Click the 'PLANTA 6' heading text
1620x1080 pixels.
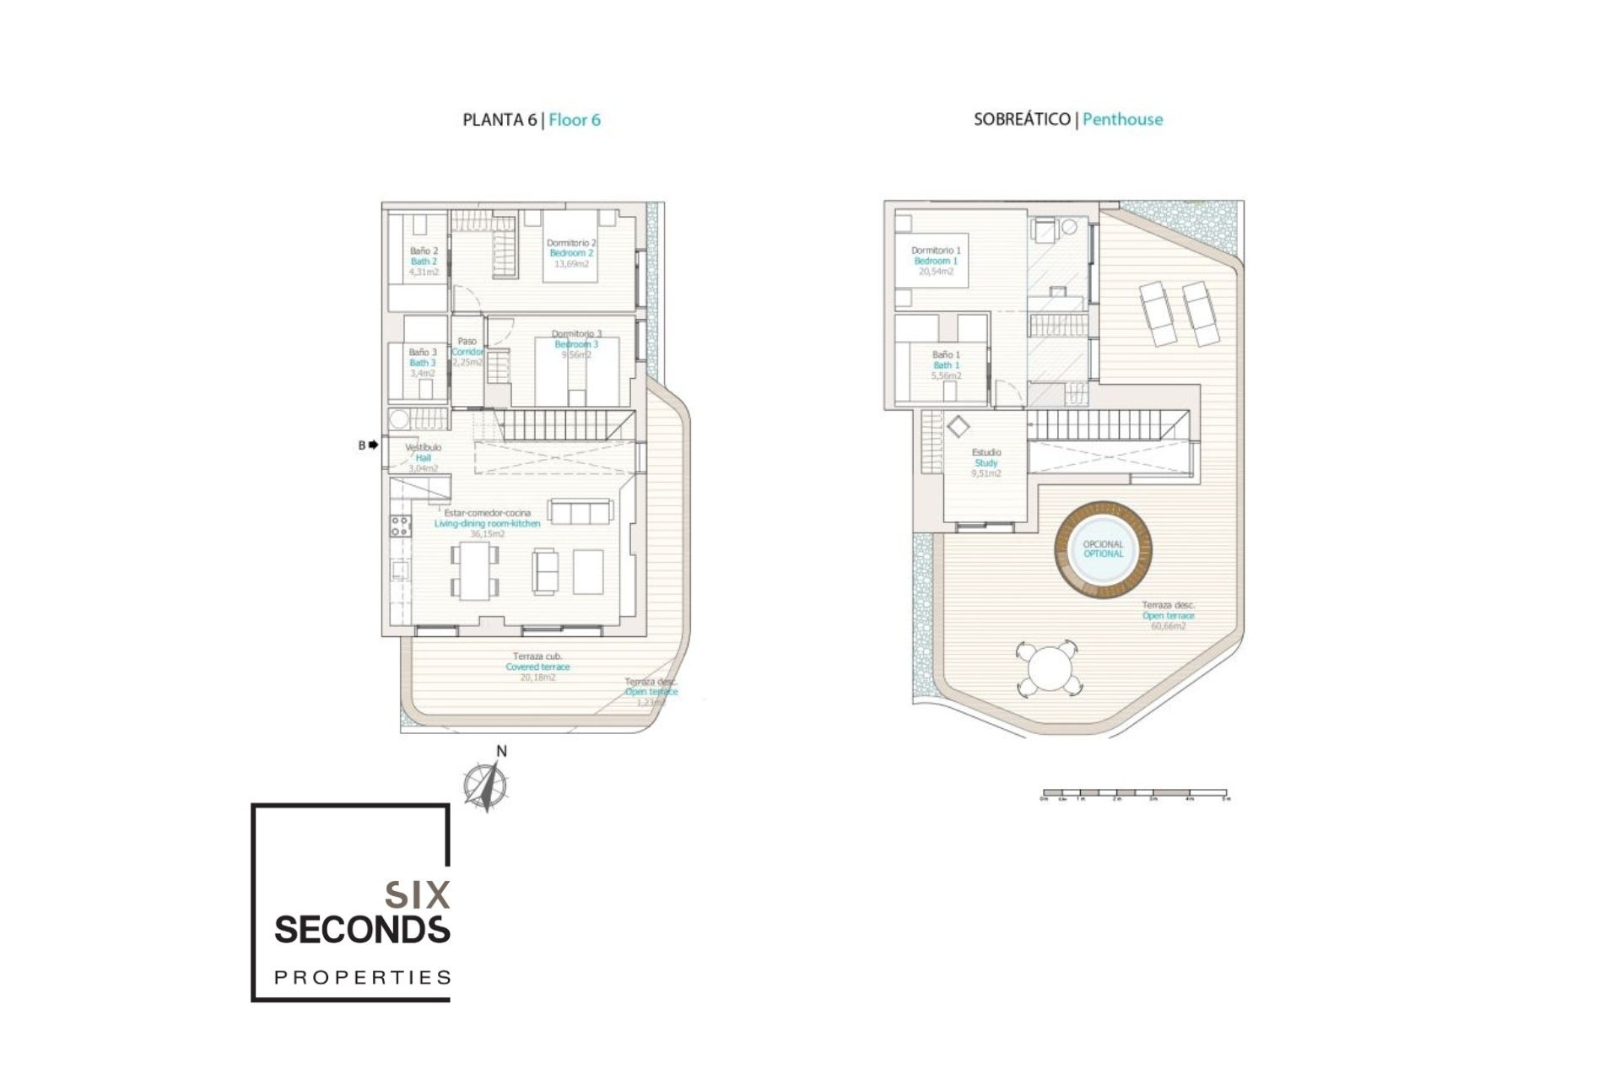(x=499, y=120)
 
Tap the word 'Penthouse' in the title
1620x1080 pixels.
(x=1122, y=120)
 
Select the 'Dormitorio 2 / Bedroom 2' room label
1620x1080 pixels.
(x=571, y=253)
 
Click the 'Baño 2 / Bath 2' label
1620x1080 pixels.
(x=424, y=261)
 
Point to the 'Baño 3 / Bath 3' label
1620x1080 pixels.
(x=423, y=362)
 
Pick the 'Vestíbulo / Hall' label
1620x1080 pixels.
(x=423, y=456)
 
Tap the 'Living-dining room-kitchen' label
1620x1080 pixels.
(x=487, y=523)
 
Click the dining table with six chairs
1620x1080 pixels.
(x=475, y=570)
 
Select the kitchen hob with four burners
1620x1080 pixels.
(x=400, y=526)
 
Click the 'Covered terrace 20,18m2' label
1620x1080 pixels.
(x=537, y=667)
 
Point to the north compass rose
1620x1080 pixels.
(x=486, y=785)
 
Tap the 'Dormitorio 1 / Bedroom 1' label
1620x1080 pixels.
(x=936, y=261)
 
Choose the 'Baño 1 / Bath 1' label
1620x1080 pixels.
(x=946, y=364)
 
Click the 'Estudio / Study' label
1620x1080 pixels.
(x=985, y=462)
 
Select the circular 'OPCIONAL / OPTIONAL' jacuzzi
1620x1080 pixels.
(x=1103, y=549)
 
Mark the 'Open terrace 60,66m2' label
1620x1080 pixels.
(x=1168, y=616)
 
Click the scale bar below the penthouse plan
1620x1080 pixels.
(x=1135, y=794)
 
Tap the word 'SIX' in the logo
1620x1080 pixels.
(x=417, y=895)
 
